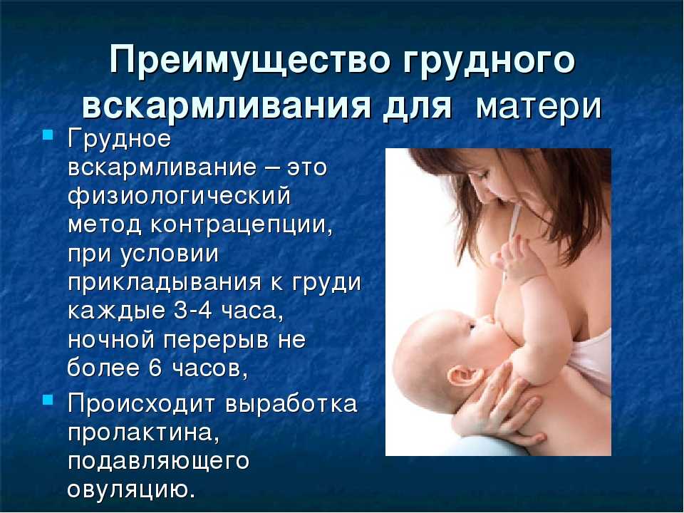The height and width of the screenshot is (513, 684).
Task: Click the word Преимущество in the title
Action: point(249,61)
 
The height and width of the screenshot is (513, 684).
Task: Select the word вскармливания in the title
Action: point(226,105)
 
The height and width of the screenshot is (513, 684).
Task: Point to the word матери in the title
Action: point(539,106)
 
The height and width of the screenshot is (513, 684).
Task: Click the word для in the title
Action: point(418,106)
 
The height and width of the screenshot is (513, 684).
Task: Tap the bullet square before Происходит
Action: point(48,399)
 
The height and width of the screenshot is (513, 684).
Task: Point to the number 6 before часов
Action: point(155,368)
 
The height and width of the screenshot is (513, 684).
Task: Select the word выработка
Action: point(291,403)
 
